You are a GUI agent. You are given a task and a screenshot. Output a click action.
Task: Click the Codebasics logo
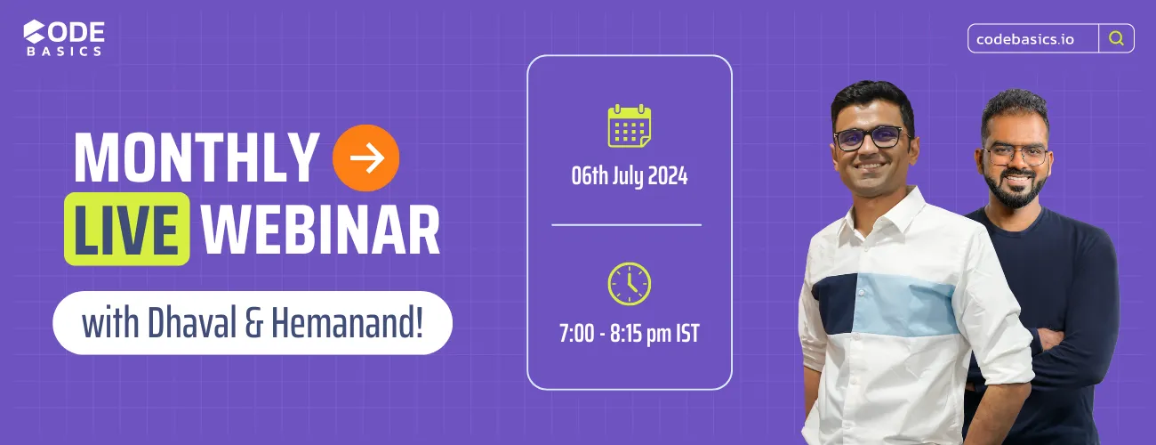tap(64, 37)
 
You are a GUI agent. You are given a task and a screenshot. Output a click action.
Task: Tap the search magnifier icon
tap(1116, 38)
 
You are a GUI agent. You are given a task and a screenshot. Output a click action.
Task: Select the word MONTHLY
tap(196, 159)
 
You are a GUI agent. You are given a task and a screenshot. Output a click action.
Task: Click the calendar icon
tap(630, 125)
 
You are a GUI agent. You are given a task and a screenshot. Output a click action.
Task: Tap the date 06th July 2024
tap(630, 175)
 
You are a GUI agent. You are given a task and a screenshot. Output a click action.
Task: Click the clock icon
tap(630, 283)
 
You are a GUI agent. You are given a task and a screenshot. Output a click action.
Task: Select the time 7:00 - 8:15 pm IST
tap(630, 335)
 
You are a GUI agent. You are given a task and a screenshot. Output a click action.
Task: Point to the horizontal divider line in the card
tap(626, 225)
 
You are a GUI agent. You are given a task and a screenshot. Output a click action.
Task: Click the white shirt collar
tap(867, 209)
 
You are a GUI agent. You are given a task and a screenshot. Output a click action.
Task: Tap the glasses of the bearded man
tap(1015, 154)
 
